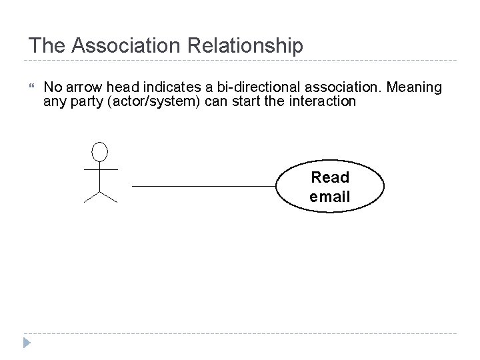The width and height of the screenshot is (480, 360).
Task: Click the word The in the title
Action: (x=48, y=46)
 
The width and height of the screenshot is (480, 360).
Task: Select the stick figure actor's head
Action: (x=100, y=152)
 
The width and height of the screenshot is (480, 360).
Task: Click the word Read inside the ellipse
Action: (x=330, y=177)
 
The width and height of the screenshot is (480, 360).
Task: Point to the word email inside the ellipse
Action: (x=330, y=197)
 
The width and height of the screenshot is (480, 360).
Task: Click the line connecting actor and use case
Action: (x=204, y=186)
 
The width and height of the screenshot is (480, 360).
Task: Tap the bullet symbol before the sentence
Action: (x=33, y=87)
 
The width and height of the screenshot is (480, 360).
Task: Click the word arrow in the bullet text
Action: (x=83, y=87)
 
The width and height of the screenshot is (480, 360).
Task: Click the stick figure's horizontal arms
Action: (x=100, y=169)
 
